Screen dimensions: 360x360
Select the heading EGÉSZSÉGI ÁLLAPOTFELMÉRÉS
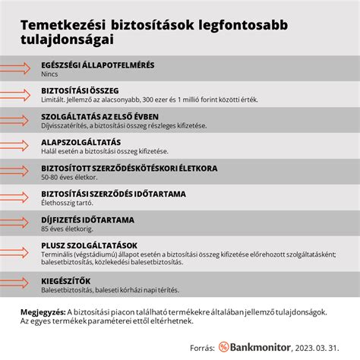[x=98, y=65]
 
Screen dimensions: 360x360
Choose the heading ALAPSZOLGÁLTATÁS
[x=81, y=142]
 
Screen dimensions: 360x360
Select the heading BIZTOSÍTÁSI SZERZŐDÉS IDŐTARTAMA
[x=114, y=194]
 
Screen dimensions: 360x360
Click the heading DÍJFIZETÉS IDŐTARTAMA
[x=87, y=219]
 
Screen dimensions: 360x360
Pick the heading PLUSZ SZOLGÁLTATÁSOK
[x=89, y=245]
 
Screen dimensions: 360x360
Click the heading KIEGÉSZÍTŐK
[x=66, y=281]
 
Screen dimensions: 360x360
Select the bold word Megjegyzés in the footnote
[x=43, y=311]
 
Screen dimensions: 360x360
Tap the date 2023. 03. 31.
[x=317, y=346]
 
